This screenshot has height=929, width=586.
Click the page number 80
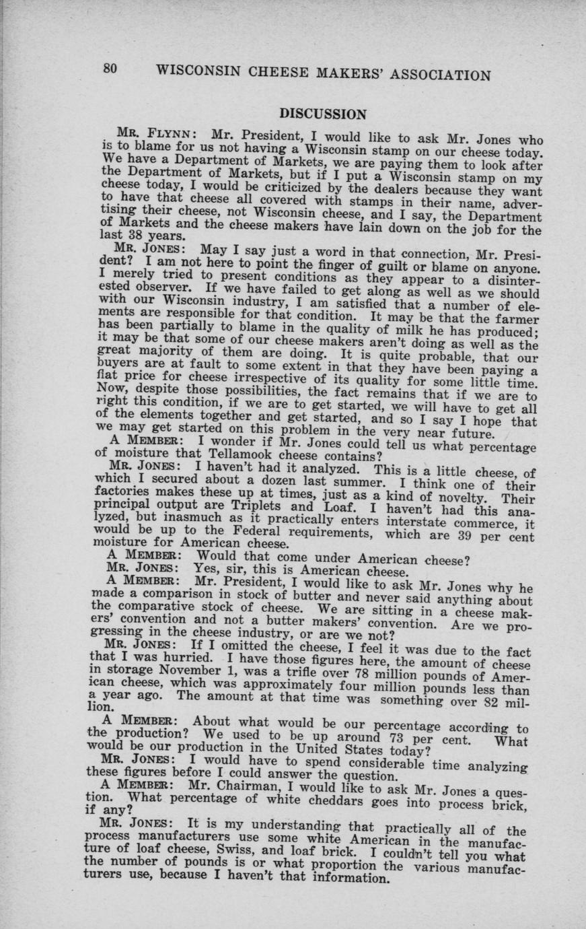[111, 69]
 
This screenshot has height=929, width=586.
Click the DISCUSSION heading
[323, 114]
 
